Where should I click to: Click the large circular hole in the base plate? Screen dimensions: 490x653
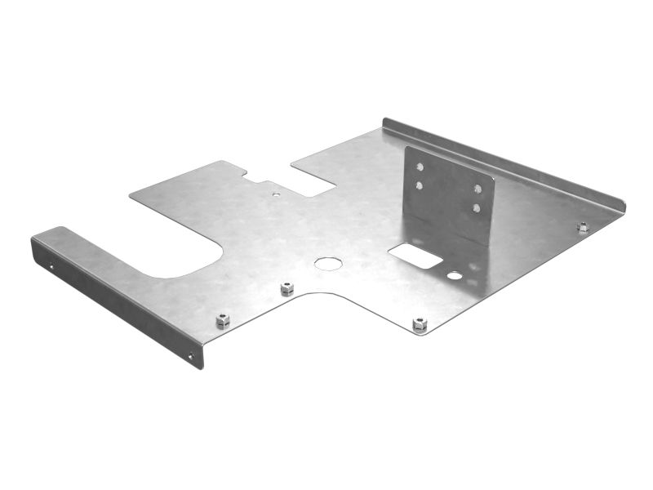[328, 263]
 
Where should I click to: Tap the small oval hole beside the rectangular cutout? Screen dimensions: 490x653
[455, 276]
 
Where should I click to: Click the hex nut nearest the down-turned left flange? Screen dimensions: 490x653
[223, 320]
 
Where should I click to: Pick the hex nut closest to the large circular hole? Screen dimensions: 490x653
[287, 288]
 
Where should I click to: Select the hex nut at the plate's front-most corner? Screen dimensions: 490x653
[420, 324]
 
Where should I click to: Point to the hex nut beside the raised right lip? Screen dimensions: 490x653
[583, 227]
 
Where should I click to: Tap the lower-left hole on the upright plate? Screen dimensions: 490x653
[420, 185]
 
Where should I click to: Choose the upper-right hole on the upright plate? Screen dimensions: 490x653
[478, 189]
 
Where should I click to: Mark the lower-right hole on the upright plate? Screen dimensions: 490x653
[477, 207]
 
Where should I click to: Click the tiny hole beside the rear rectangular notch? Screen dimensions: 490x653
[276, 194]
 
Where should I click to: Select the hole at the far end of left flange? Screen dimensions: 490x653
[51, 265]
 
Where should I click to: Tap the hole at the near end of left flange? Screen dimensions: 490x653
[191, 355]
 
